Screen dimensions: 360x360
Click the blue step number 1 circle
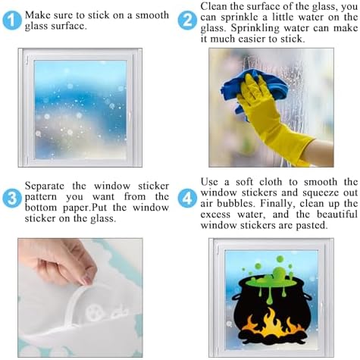(12, 20)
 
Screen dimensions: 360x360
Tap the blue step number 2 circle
(187, 20)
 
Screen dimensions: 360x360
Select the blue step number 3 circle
(12, 199)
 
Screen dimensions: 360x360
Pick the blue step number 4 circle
(187, 199)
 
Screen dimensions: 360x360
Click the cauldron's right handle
(308, 296)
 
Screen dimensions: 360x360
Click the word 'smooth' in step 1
(152, 15)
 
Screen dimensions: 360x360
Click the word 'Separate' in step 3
(44, 186)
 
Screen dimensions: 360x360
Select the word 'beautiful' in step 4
(337, 214)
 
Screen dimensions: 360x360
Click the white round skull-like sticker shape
(95, 312)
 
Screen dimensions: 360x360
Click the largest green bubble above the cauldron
(278, 273)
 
